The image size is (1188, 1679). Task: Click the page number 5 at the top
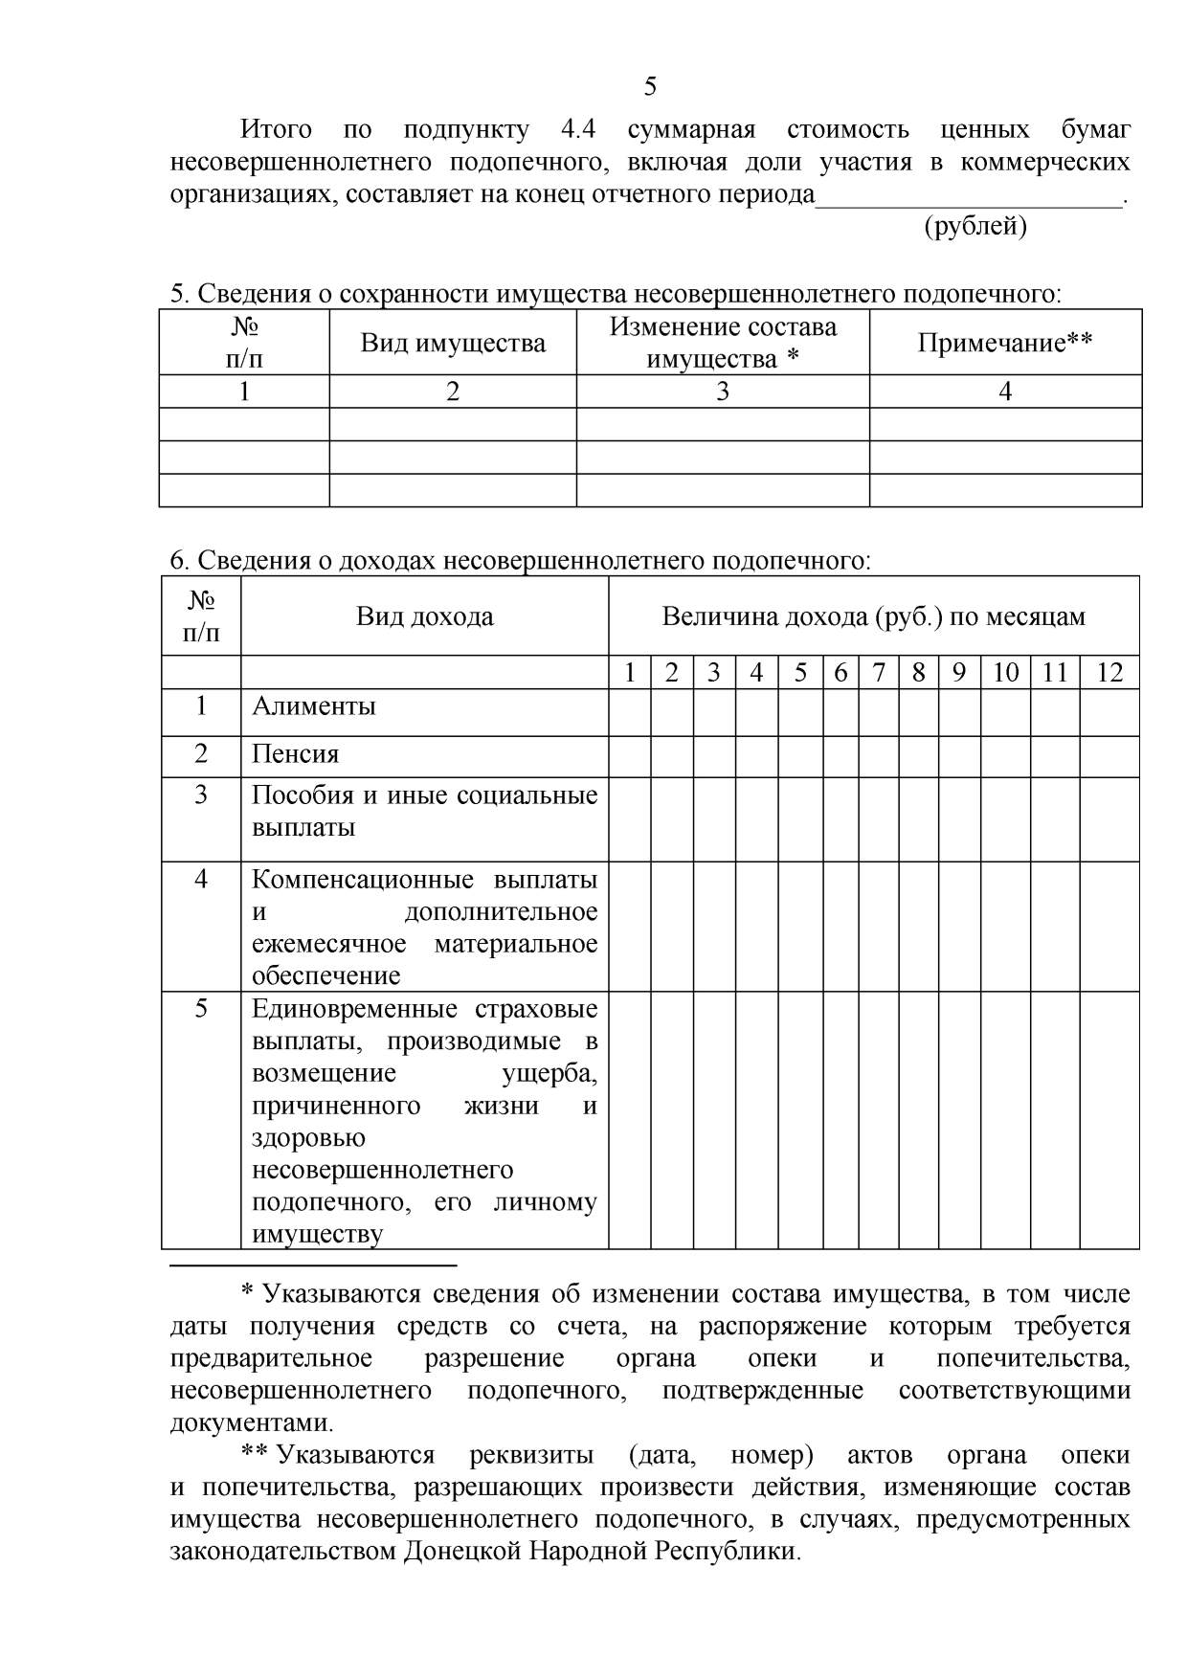pos(650,87)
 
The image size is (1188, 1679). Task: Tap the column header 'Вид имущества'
pos(453,343)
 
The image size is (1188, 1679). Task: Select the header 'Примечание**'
pos(1005,343)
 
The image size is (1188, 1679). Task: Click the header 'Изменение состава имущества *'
pos(723,343)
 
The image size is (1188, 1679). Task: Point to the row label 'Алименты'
pos(314,706)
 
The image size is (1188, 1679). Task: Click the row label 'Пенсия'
pos(296,754)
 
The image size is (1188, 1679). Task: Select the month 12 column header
pos(1109,672)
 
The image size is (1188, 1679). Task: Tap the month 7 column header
pos(878,672)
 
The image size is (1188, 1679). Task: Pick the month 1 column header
pos(630,672)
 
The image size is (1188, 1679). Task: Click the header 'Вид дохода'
pos(425,616)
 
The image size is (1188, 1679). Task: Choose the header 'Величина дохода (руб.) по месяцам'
pos(873,616)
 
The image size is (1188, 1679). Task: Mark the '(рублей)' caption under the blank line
pos(975,227)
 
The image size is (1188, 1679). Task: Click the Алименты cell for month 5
pos(800,712)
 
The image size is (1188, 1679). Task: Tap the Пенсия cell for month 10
pos(1005,756)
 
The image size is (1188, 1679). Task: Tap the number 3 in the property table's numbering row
pos(723,392)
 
